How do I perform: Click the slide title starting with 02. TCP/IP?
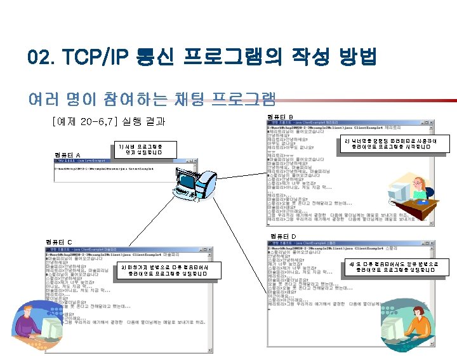coord(202,58)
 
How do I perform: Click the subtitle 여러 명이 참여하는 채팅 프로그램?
coord(152,98)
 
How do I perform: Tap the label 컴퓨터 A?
coord(68,155)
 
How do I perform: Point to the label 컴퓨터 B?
coord(280,117)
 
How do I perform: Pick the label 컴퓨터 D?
coord(283,236)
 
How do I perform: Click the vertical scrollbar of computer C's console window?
coord(210,298)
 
